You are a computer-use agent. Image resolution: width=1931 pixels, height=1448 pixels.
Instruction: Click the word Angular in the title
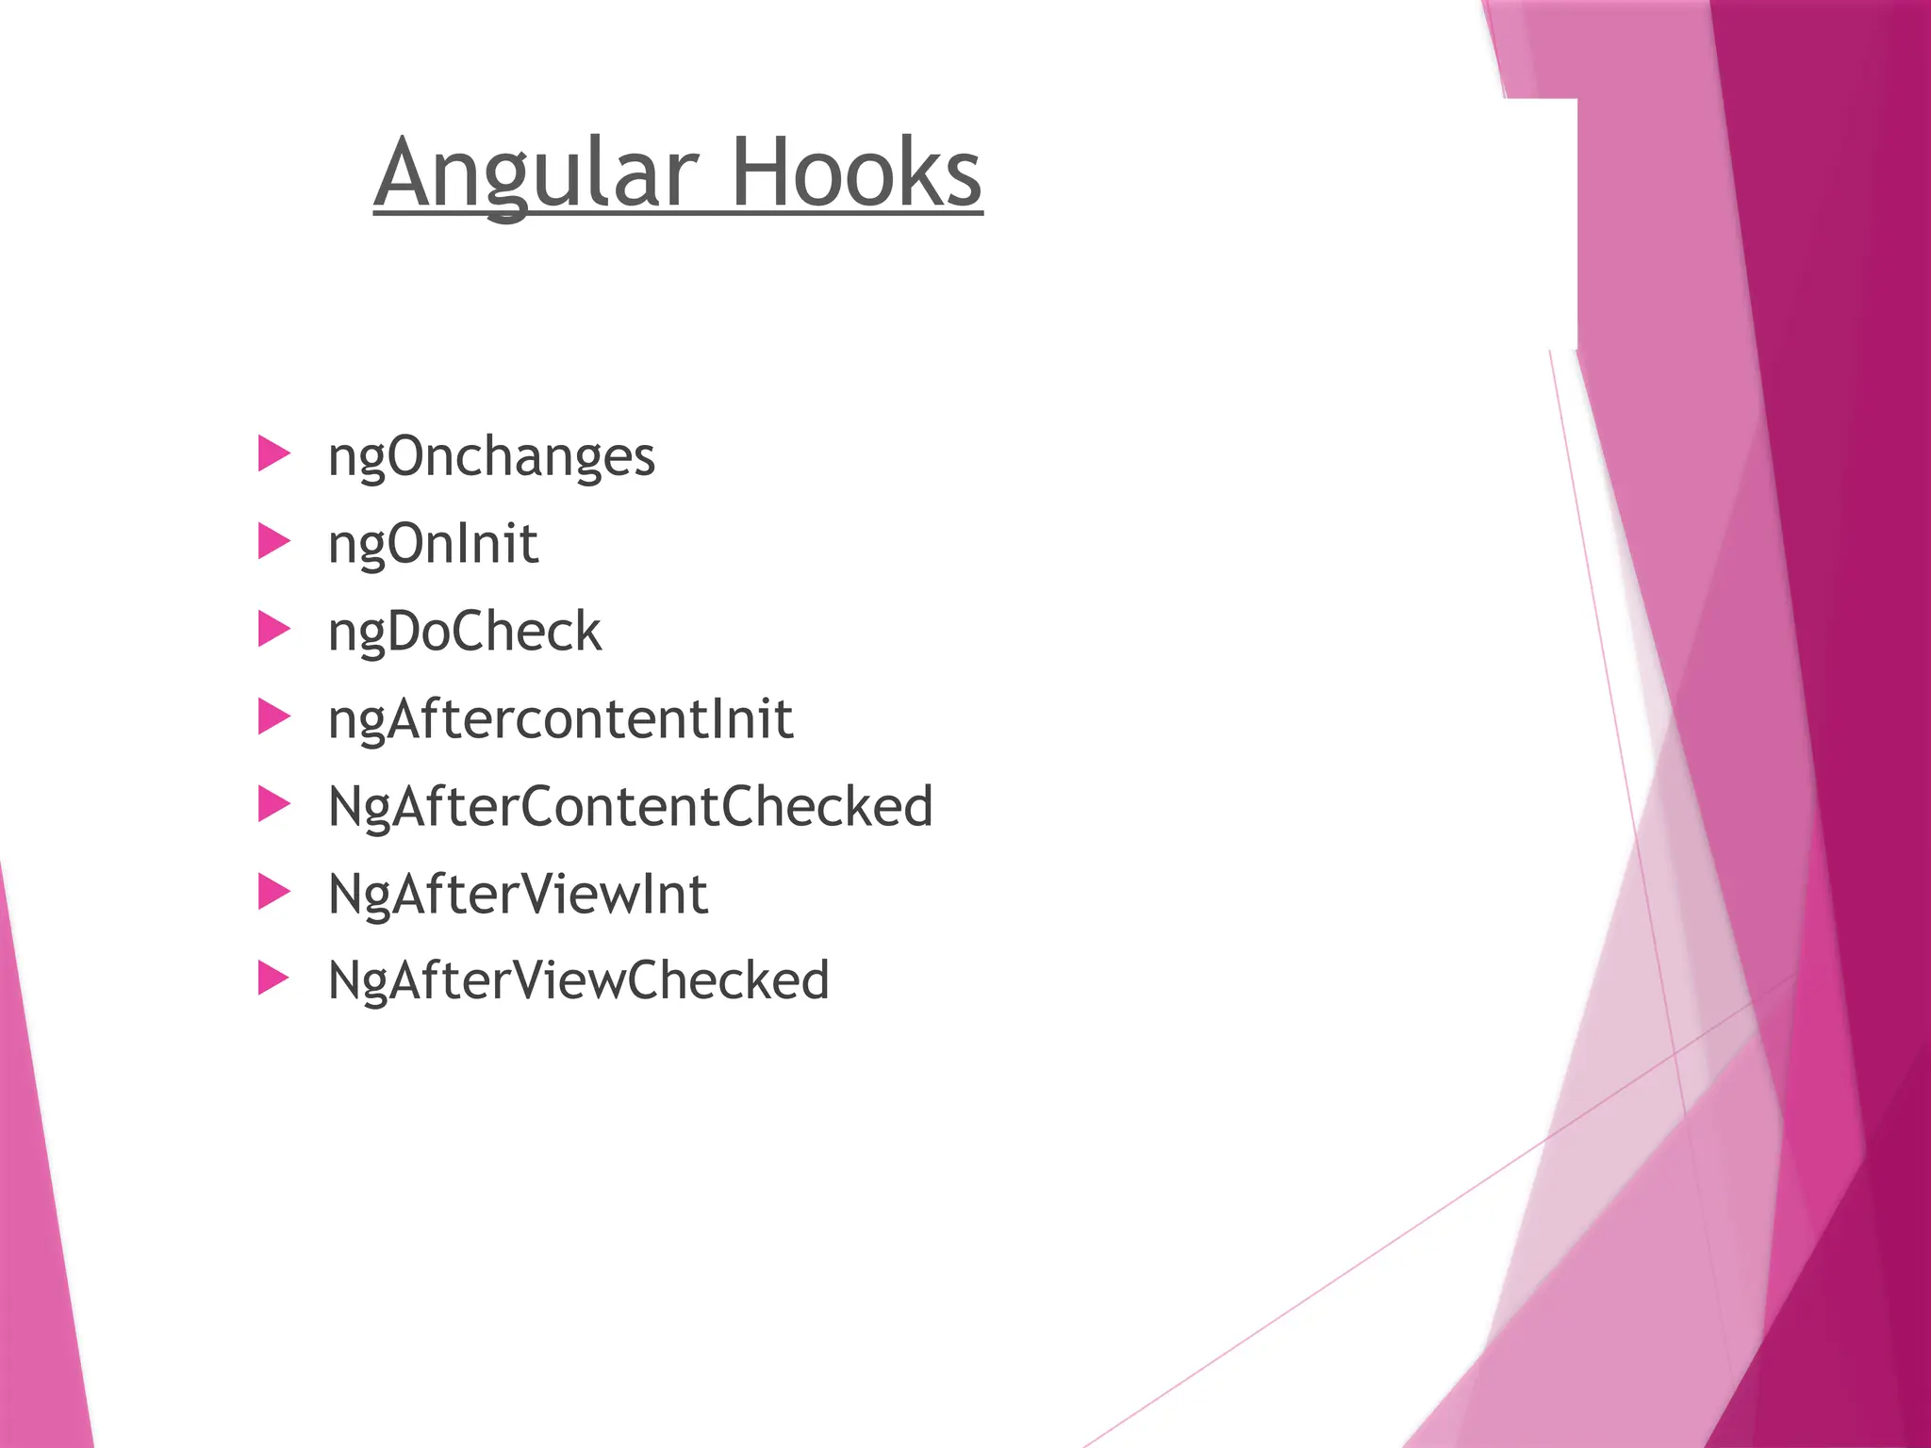click(536, 173)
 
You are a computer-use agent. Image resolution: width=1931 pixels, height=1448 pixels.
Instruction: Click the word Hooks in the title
click(856, 173)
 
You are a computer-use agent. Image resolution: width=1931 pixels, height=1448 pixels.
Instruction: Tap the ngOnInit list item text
click(433, 545)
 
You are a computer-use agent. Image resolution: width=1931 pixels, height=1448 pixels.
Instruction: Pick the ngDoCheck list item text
click(464, 632)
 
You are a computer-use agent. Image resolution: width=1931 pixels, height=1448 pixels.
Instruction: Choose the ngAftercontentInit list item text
click(560, 719)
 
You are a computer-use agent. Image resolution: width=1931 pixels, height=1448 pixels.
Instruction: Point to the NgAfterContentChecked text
click(630, 807)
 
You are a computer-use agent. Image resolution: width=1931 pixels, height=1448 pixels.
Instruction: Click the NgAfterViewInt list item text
click(518, 894)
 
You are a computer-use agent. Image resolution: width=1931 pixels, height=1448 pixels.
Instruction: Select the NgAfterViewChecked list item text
click(578, 980)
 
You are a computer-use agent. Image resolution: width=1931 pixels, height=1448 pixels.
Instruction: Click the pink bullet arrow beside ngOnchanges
click(273, 453)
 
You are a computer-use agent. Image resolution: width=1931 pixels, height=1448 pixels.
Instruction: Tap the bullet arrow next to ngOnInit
click(273, 541)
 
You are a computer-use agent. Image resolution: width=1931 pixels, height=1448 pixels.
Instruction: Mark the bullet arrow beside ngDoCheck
click(273, 629)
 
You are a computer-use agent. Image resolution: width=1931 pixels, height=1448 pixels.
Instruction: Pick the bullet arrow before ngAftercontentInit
click(273, 716)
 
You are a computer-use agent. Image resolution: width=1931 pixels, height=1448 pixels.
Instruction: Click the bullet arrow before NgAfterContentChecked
click(273, 804)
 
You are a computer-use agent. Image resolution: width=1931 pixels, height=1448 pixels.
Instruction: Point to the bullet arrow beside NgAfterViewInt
click(273, 891)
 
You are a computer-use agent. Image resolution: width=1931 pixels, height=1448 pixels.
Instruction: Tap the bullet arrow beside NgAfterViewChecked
click(273, 979)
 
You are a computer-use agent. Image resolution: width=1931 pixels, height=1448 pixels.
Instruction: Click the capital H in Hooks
click(763, 173)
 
